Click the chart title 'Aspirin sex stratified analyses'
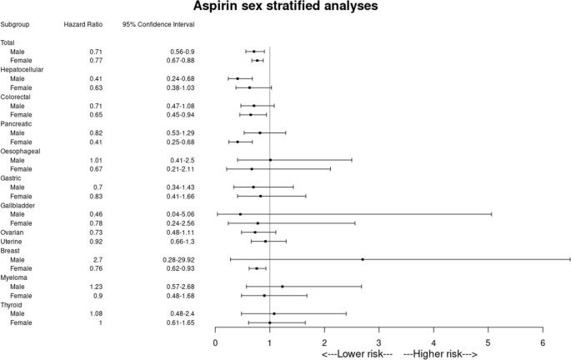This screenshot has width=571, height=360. coord(285,7)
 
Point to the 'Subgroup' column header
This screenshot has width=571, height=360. coord(16,25)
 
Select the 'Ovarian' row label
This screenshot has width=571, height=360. coord(13,232)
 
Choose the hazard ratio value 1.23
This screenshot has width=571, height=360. coord(95,287)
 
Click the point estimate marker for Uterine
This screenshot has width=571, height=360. coord(266,242)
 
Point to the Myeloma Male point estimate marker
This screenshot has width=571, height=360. coord(283,287)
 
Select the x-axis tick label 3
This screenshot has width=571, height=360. coord(379,342)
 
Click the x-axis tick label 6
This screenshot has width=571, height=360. coord(543,342)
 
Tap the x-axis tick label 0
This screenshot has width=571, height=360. coord(216,342)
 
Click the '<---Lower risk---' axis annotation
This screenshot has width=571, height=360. coord(356,354)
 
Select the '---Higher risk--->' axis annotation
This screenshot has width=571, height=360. coord(440,354)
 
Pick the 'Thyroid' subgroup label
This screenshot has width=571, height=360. coord(13,305)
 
